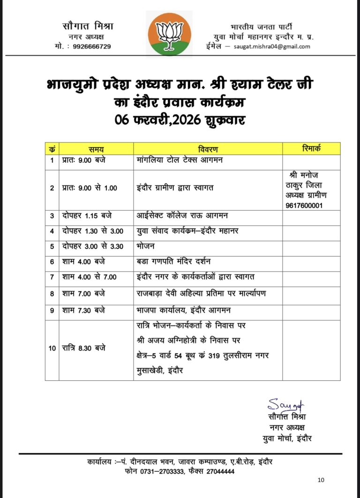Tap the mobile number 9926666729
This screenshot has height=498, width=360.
(x=92, y=46)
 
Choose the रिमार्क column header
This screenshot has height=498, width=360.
(x=311, y=148)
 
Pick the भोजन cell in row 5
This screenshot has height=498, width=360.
(x=145, y=246)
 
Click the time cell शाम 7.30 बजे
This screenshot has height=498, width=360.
(x=83, y=310)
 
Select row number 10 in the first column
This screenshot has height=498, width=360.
(x=52, y=348)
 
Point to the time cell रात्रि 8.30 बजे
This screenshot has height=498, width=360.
(x=83, y=348)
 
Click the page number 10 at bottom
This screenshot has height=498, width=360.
(x=321, y=480)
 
